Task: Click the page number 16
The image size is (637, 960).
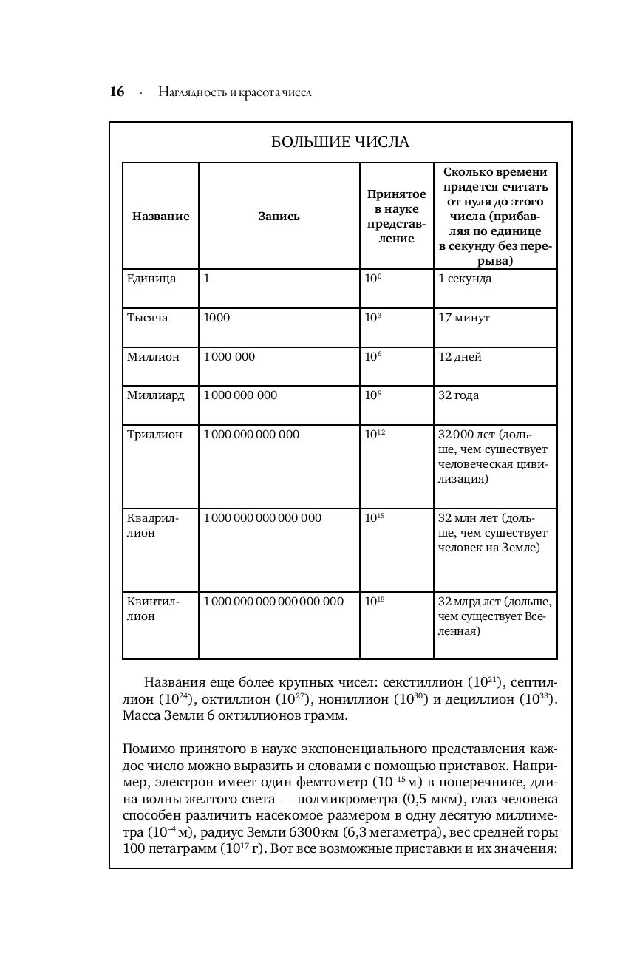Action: click(x=117, y=92)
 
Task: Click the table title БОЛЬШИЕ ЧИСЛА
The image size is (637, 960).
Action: click(x=340, y=143)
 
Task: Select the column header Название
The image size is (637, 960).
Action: click(x=160, y=217)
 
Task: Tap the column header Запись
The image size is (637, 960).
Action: click(x=279, y=217)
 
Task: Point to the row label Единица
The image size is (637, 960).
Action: click(x=151, y=279)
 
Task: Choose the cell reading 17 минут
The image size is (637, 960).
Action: click(x=464, y=318)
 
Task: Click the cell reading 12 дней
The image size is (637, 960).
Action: click(x=460, y=357)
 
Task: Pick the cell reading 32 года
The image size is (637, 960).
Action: click(x=458, y=395)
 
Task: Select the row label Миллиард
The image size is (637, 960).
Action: click(x=156, y=395)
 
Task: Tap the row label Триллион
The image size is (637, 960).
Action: click(x=154, y=435)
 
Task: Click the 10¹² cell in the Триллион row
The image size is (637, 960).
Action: click(x=375, y=435)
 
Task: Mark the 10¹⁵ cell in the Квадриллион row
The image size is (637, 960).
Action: click(x=375, y=518)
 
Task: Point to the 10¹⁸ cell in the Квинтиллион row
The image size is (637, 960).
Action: click(x=375, y=602)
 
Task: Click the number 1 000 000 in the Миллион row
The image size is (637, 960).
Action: click(x=229, y=357)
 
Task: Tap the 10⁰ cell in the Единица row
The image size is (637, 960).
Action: click(x=372, y=279)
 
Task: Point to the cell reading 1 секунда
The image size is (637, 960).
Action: click(x=465, y=279)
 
